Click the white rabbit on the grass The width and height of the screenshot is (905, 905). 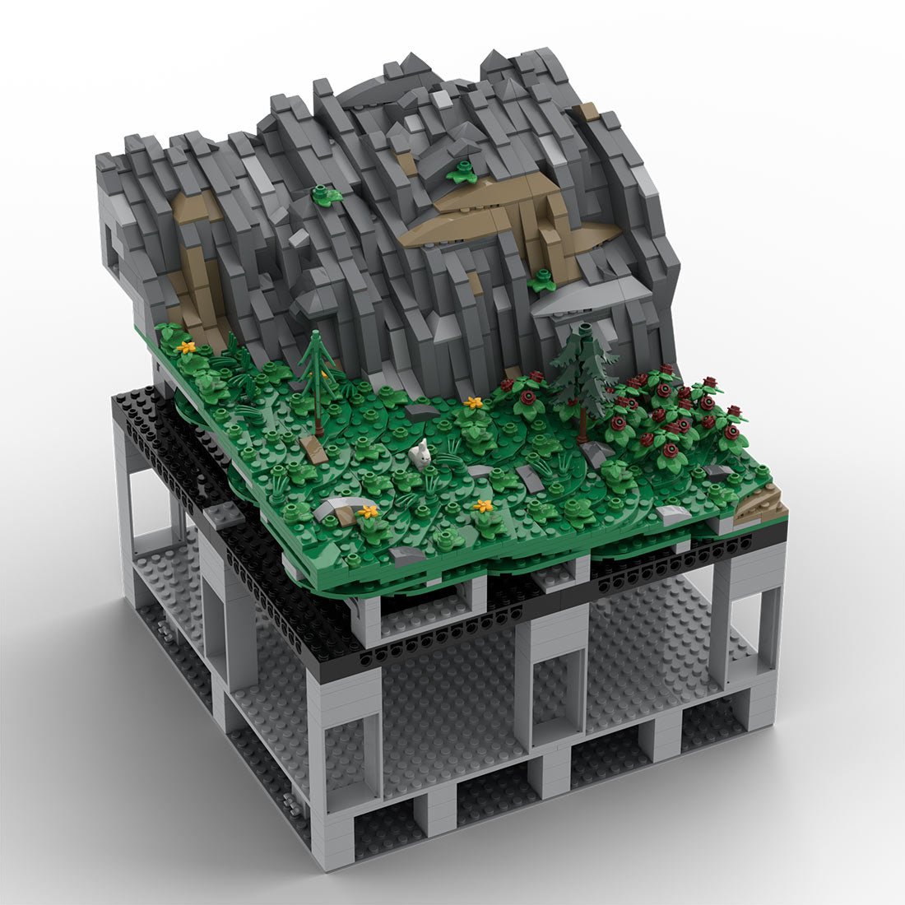click(x=420, y=453)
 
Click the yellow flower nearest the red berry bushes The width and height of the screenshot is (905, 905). click(x=472, y=403)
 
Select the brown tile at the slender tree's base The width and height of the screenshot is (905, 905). click(x=312, y=447)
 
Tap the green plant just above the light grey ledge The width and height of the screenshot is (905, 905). click(x=541, y=281)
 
